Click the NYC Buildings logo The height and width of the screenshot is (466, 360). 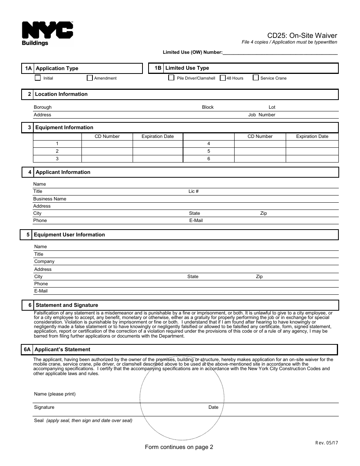(47, 33)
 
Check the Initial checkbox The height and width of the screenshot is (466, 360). (38, 78)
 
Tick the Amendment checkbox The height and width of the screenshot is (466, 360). (89, 78)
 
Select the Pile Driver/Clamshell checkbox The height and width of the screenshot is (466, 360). (171, 78)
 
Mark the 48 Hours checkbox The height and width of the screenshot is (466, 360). (222, 78)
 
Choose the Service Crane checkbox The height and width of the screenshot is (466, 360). (256, 78)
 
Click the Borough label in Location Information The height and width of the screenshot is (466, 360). (42, 107)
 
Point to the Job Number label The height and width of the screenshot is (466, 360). (261, 115)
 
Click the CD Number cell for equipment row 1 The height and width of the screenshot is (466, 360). (107, 144)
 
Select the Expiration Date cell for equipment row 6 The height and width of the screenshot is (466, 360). (312, 159)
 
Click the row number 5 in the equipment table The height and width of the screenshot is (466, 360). (208, 151)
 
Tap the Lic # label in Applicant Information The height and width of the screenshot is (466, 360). (194, 191)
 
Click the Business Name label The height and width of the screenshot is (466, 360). (50, 199)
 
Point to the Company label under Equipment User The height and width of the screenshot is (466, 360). (44, 261)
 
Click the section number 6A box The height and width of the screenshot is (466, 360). (27, 349)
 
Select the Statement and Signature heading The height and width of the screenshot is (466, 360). (67, 305)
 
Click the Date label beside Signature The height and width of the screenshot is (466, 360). (213, 407)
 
